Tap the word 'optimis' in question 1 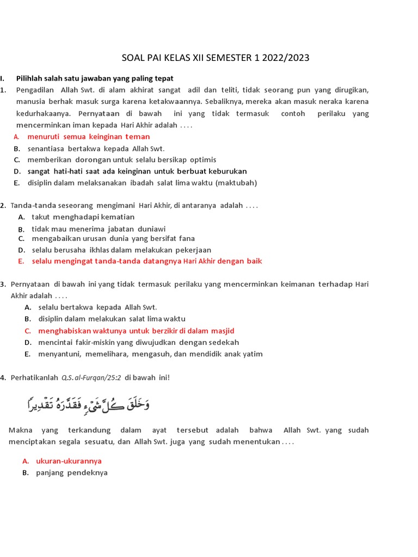click(202, 159)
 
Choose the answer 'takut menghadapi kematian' click(83, 216)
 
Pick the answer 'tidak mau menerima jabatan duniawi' click(99, 229)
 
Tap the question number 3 click(3, 284)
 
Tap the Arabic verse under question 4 click(88, 404)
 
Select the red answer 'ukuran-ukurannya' click(69, 461)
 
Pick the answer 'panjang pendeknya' click(71, 473)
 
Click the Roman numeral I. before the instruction click(3, 78)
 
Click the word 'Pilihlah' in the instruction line click(30, 78)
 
